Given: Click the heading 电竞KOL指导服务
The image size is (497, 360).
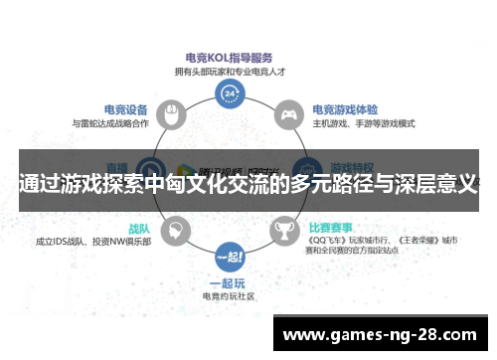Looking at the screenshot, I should click(231, 58).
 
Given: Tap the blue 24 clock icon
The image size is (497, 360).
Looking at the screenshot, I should click(231, 94).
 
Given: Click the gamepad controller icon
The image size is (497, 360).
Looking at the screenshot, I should click(288, 114).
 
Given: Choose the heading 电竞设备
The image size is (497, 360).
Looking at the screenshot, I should click(125, 109).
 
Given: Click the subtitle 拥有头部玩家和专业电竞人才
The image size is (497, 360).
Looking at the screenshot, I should click(231, 71).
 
